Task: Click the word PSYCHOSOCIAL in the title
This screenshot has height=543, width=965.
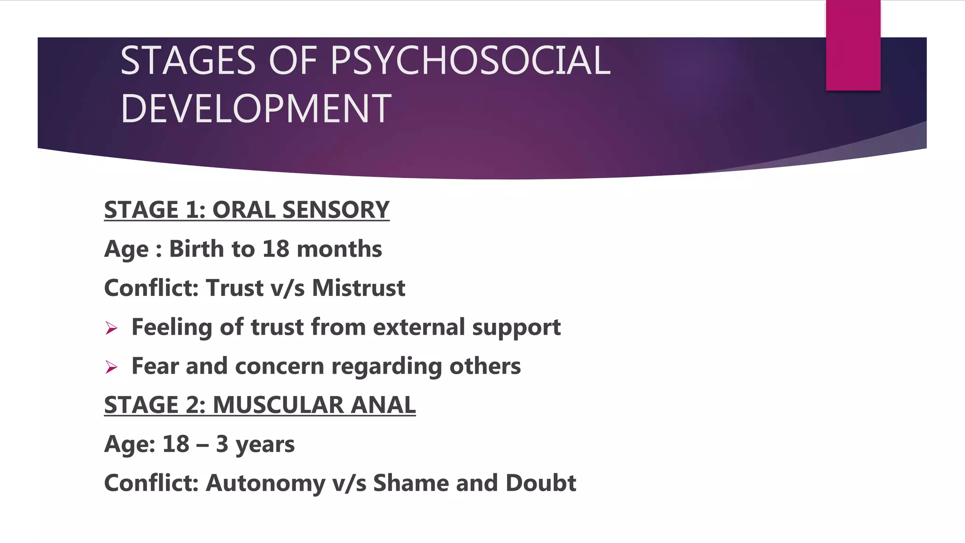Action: [x=470, y=60]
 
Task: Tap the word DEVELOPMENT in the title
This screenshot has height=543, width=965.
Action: [x=256, y=108]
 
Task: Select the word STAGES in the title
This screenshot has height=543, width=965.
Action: [x=188, y=60]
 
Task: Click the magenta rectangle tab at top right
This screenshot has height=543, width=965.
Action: [x=853, y=45]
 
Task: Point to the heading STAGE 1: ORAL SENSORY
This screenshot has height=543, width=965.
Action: [x=246, y=210]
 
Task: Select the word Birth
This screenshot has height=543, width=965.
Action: [x=196, y=249]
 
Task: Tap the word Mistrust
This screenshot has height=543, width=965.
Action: [x=358, y=288]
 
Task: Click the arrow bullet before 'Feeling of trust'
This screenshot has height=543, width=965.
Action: [x=112, y=328]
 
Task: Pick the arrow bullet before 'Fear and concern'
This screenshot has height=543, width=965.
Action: [x=112, y=367]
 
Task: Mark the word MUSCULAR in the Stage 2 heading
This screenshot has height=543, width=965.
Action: [x=278, y=405]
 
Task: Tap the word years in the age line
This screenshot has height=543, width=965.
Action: [x=265, y=444]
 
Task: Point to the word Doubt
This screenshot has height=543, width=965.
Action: [x=540, y=483]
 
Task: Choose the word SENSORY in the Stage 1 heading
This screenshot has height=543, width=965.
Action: [x=335, y=210]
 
